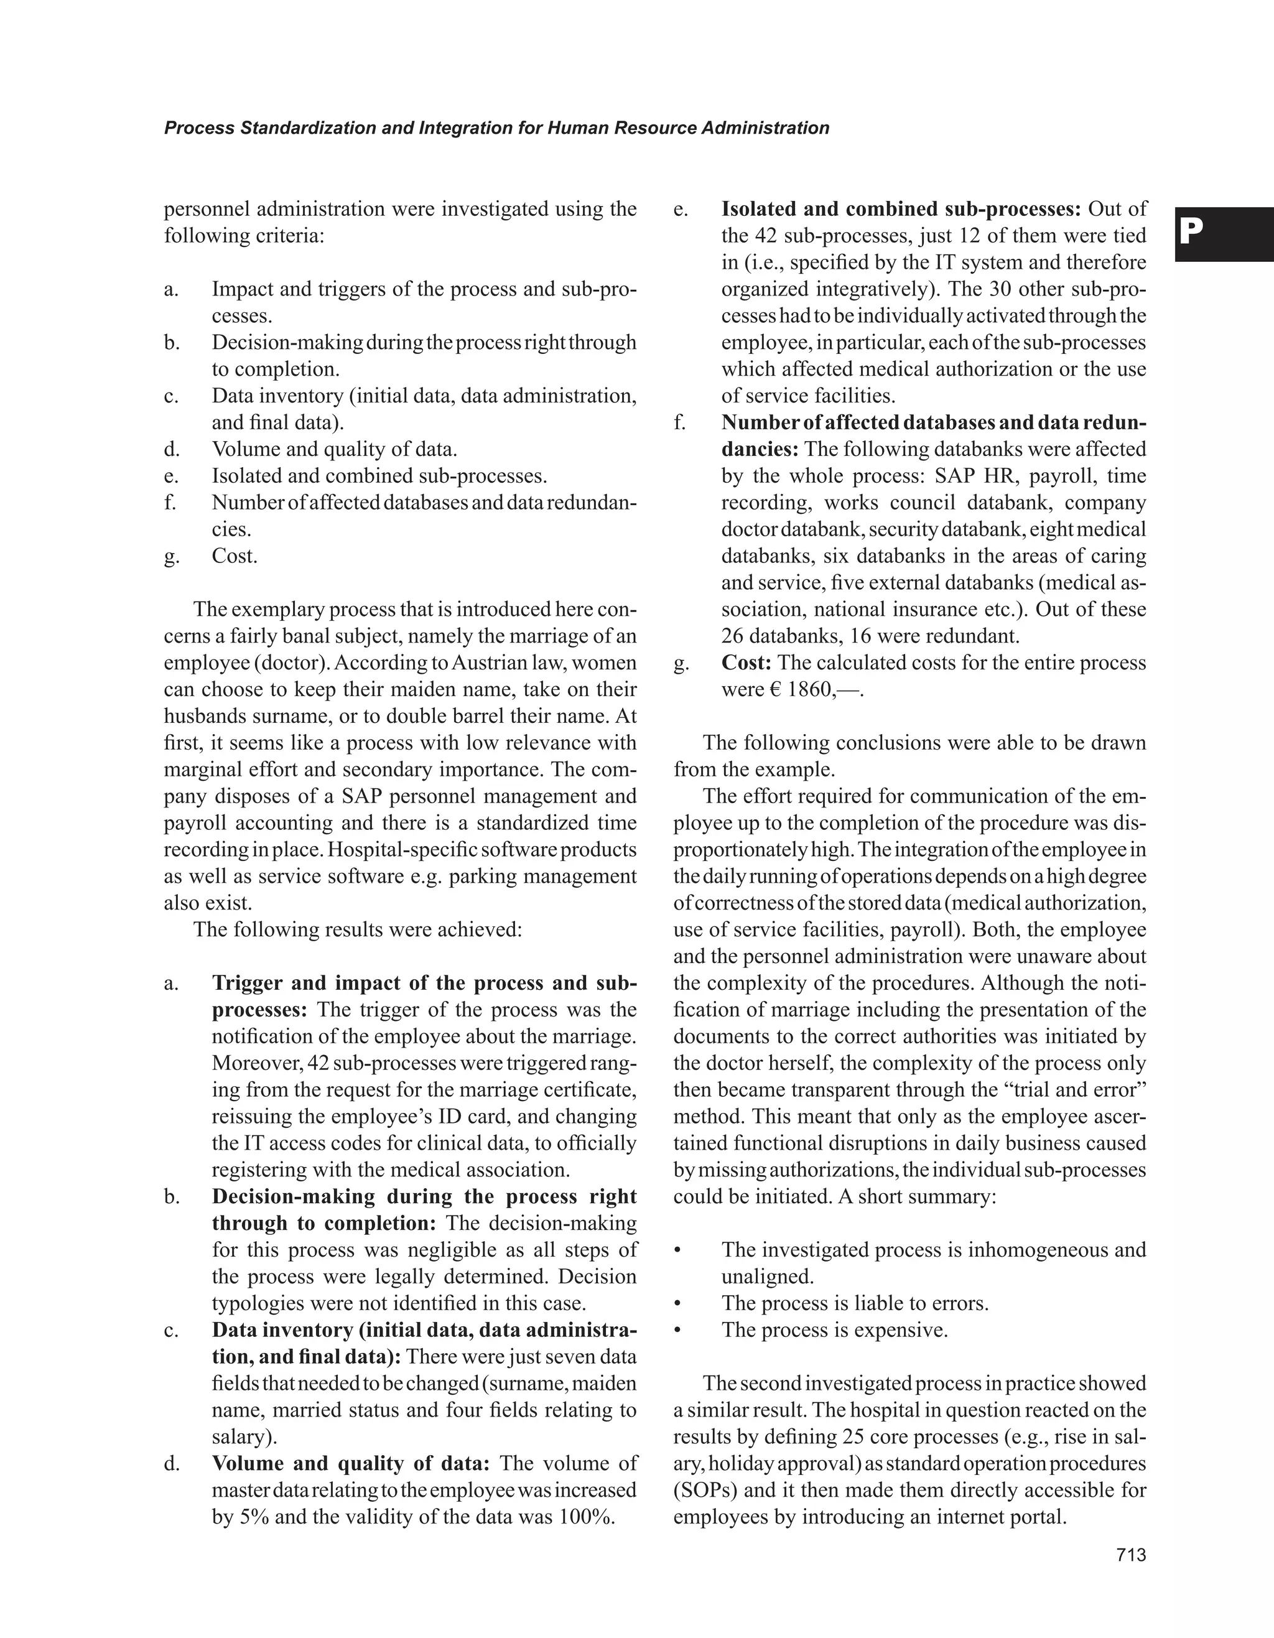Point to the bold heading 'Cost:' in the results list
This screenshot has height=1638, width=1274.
pyautogui.click(x=746, y=663)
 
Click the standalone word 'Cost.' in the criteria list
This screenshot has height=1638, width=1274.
pyautogui.click(x=235, y=556)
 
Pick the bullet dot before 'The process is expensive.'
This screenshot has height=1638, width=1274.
pyautogui.click(x=678, y=1331)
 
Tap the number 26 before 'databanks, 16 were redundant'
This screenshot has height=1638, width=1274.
pyautogui.click(x=732, y=636)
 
